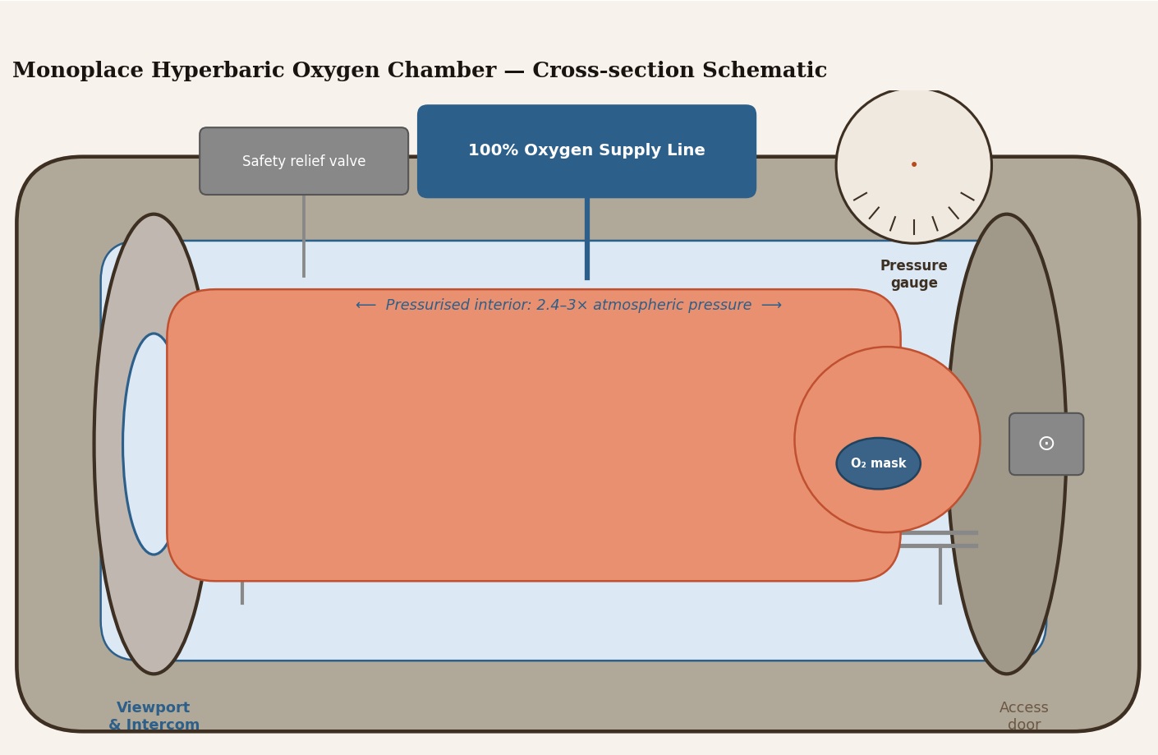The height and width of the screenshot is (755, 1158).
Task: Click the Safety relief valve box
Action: pos(304,161)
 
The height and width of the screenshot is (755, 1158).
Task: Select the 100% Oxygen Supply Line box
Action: pos(586,151)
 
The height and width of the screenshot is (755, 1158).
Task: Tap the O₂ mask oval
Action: pos(878,463)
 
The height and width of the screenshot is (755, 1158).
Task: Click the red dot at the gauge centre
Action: pos(914,164)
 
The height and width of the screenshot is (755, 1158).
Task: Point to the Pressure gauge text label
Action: pos(913,274)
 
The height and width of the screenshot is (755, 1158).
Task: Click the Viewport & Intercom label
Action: pos(154,716)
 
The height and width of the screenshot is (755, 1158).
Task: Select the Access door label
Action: pos(1023,716)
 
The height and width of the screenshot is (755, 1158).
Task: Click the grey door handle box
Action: pos(1045,444)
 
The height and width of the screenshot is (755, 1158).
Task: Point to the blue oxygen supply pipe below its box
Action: pos(587,238)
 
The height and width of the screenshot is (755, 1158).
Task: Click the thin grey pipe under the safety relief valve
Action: pos(304,235)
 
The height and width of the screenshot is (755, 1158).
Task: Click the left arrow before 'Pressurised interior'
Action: pos(365,306)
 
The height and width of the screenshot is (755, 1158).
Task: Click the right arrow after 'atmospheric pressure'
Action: pos(771,306)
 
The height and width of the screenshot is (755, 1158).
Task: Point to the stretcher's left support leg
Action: pos(242,592)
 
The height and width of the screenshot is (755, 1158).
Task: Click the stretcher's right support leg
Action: pos(940,576)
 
